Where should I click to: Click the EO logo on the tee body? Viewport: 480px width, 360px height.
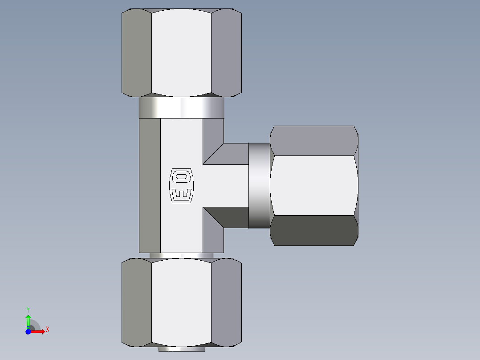pos(182,185)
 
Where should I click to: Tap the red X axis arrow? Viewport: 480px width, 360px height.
pos(39,331)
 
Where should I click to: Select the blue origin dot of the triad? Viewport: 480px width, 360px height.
pos(28,332)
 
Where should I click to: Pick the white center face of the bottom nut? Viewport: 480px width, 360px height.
pos(181,303)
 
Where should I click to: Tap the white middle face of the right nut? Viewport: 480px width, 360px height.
pos(313,185)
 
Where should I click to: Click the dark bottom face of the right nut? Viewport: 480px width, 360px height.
pos(313,231)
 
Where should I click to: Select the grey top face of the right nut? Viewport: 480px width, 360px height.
pos(313,140)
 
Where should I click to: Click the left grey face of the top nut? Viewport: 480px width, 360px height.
pos(137,53)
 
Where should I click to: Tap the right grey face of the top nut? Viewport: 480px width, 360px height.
pos(226,53)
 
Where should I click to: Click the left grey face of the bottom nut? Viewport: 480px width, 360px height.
pos(137,303)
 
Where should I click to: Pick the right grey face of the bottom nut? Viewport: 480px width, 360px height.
pos(226,303)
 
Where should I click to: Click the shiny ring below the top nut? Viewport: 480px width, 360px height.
pos(181,107)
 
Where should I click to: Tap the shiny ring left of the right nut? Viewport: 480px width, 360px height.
pos(259,185)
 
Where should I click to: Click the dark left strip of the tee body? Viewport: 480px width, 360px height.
pos(150,185)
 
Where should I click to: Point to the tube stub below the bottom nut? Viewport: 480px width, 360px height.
pos(181,349)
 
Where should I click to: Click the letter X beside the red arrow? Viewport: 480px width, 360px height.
pos(47,329)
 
